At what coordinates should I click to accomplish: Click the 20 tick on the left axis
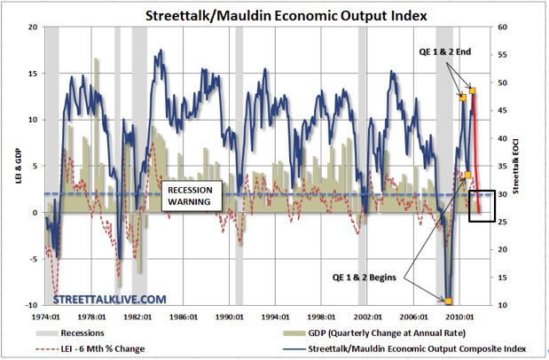(x=33, y=27)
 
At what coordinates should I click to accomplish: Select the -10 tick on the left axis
(x=31, y=305)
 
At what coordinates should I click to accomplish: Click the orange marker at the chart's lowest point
(x=449, y=301)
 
